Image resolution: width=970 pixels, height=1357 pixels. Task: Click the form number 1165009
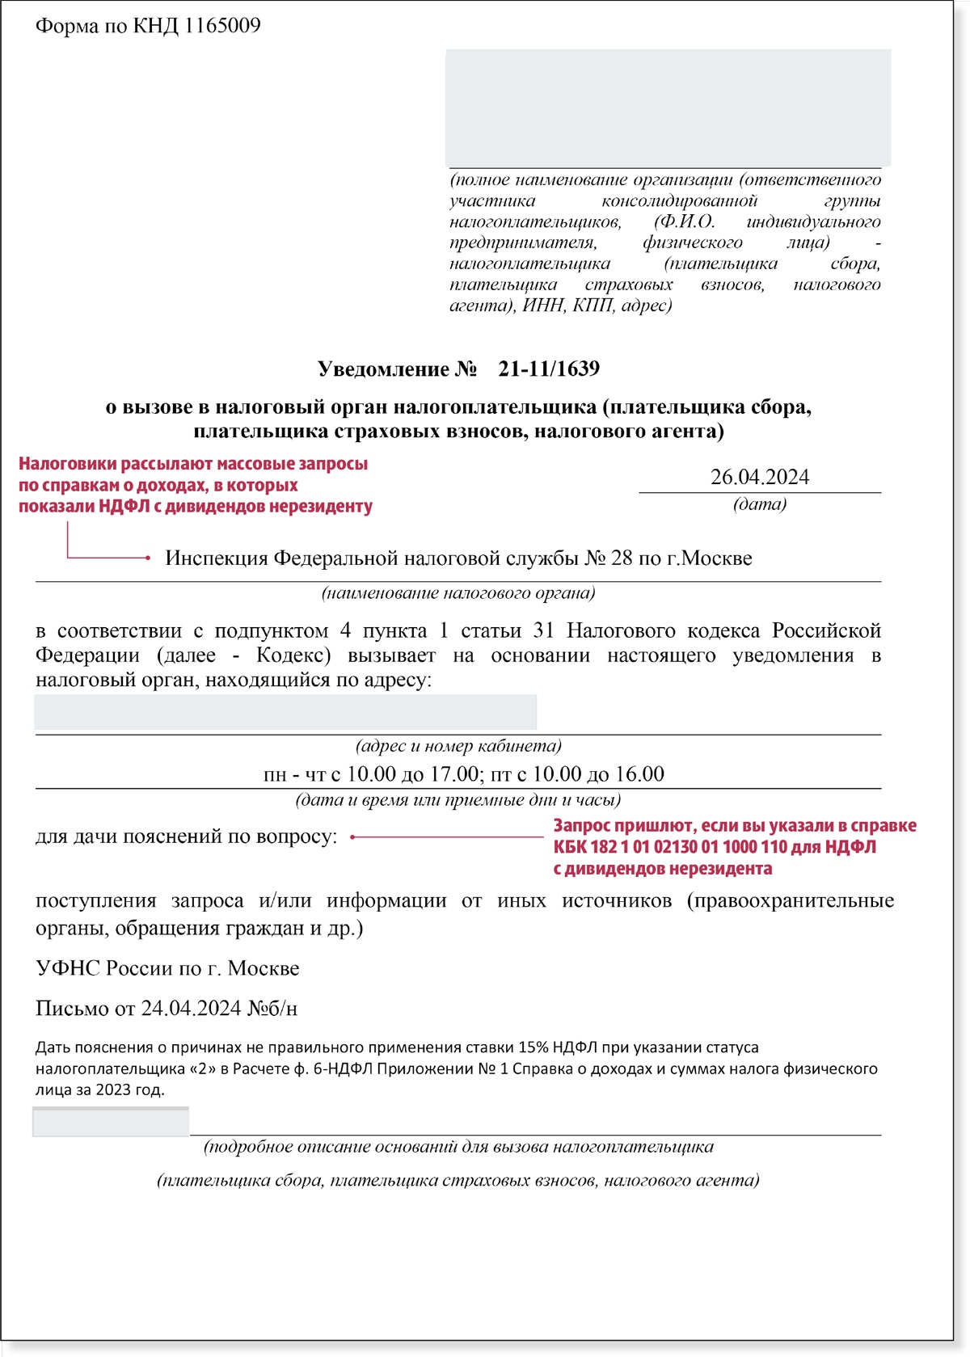pos(221,26)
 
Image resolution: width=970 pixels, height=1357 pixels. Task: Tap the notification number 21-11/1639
pos(549,369)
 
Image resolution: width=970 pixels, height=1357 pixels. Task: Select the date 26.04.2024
pos(759,477)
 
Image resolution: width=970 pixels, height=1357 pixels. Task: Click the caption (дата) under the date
pos(759,504)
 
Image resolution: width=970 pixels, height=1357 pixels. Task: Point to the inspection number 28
pos(622,558)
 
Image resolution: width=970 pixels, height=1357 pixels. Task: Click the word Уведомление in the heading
pos(383,369)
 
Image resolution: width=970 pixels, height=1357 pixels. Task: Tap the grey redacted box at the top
pos(668,107)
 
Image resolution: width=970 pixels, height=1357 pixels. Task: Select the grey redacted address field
pos(285,712)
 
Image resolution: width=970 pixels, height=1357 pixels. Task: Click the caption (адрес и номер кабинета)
pos(458,746)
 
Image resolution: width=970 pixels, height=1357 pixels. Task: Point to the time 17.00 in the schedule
pos(454,774)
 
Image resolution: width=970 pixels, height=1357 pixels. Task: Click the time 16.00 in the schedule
pos(639,774)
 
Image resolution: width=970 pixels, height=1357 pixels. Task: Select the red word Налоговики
pos(67,464)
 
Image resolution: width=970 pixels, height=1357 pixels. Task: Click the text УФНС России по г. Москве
pos(167,968)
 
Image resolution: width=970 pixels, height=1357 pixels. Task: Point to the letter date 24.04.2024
pos(191,1009)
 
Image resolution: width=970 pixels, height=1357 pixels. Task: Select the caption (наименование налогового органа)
pos(458,593)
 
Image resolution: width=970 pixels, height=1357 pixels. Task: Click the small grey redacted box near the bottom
pos(111,1122)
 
